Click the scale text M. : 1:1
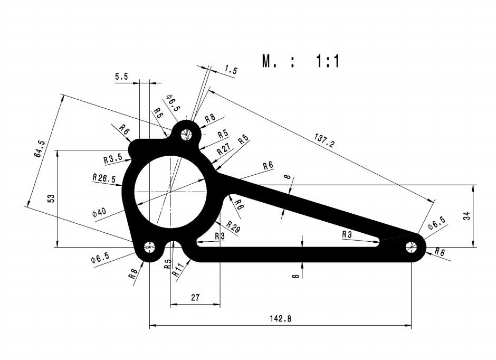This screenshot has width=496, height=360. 301,61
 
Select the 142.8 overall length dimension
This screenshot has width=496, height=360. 280,318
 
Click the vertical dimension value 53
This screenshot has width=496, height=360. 51,198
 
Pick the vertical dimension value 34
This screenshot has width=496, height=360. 466,215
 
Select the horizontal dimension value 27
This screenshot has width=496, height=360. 195,298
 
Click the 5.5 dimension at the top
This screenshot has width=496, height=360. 121,77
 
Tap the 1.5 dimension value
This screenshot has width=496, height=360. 231,70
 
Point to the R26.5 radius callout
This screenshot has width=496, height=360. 103,178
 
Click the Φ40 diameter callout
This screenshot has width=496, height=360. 99,212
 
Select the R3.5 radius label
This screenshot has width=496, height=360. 112,158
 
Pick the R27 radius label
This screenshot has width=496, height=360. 224,150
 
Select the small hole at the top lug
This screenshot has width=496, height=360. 186,134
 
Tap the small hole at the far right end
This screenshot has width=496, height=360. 411,247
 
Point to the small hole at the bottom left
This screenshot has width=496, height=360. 150,247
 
